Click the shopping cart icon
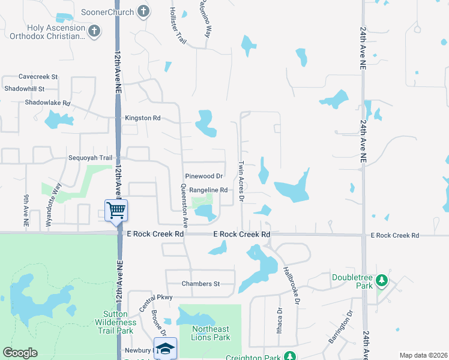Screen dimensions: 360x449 [x=116, y=211]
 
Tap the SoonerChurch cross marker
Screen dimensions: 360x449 [x=143, y=11]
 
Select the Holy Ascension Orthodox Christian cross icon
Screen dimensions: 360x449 [x=94, y=31]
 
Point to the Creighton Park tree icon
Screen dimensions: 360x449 [x=290, y=356]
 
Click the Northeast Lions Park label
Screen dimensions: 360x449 [x=211, y=333]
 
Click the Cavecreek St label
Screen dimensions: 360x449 [x=38, y=77]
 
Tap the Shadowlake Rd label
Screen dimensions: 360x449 [x=47, y=103]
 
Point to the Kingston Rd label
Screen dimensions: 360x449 [x=142, y=118]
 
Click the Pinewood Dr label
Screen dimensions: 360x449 [x=203, y=176]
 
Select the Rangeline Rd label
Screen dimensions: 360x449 [x=208, y=190]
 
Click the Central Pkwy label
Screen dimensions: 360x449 [x=155, y=297]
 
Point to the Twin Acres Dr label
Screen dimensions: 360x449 [x=241, y=181]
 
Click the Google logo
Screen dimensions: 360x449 [x=20, y=353]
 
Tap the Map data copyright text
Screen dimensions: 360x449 [x=423, y=355]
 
